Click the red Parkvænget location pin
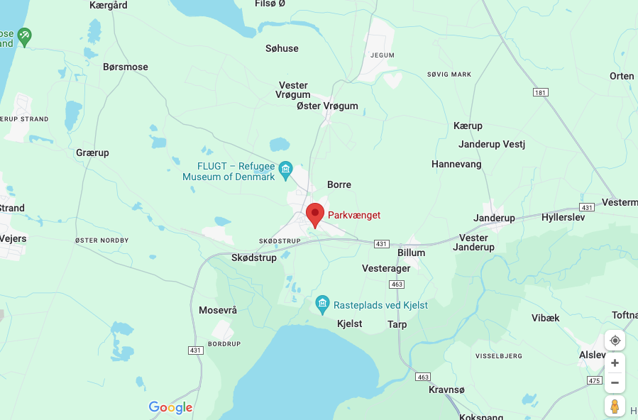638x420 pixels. [315, 214]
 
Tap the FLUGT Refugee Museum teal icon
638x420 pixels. [285, 169]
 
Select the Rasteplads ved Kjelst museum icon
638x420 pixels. [322, 305]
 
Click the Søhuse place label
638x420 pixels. [282, 48]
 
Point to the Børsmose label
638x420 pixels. [126, 67]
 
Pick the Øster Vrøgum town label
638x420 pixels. [327, 106]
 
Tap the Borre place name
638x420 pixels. [339, 184]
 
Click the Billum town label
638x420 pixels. [411, 253]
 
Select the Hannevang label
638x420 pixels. [456, 164]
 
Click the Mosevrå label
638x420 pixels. [218, 310]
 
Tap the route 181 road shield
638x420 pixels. [541, 92]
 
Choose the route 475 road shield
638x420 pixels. [595, 381]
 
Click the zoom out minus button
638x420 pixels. [615, 383]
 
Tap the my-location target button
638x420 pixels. [615, 341]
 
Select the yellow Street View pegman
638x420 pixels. [615, 407]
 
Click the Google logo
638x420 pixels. [170, 407]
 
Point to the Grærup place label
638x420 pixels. [92, 153]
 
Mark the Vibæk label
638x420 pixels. [546, 318]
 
